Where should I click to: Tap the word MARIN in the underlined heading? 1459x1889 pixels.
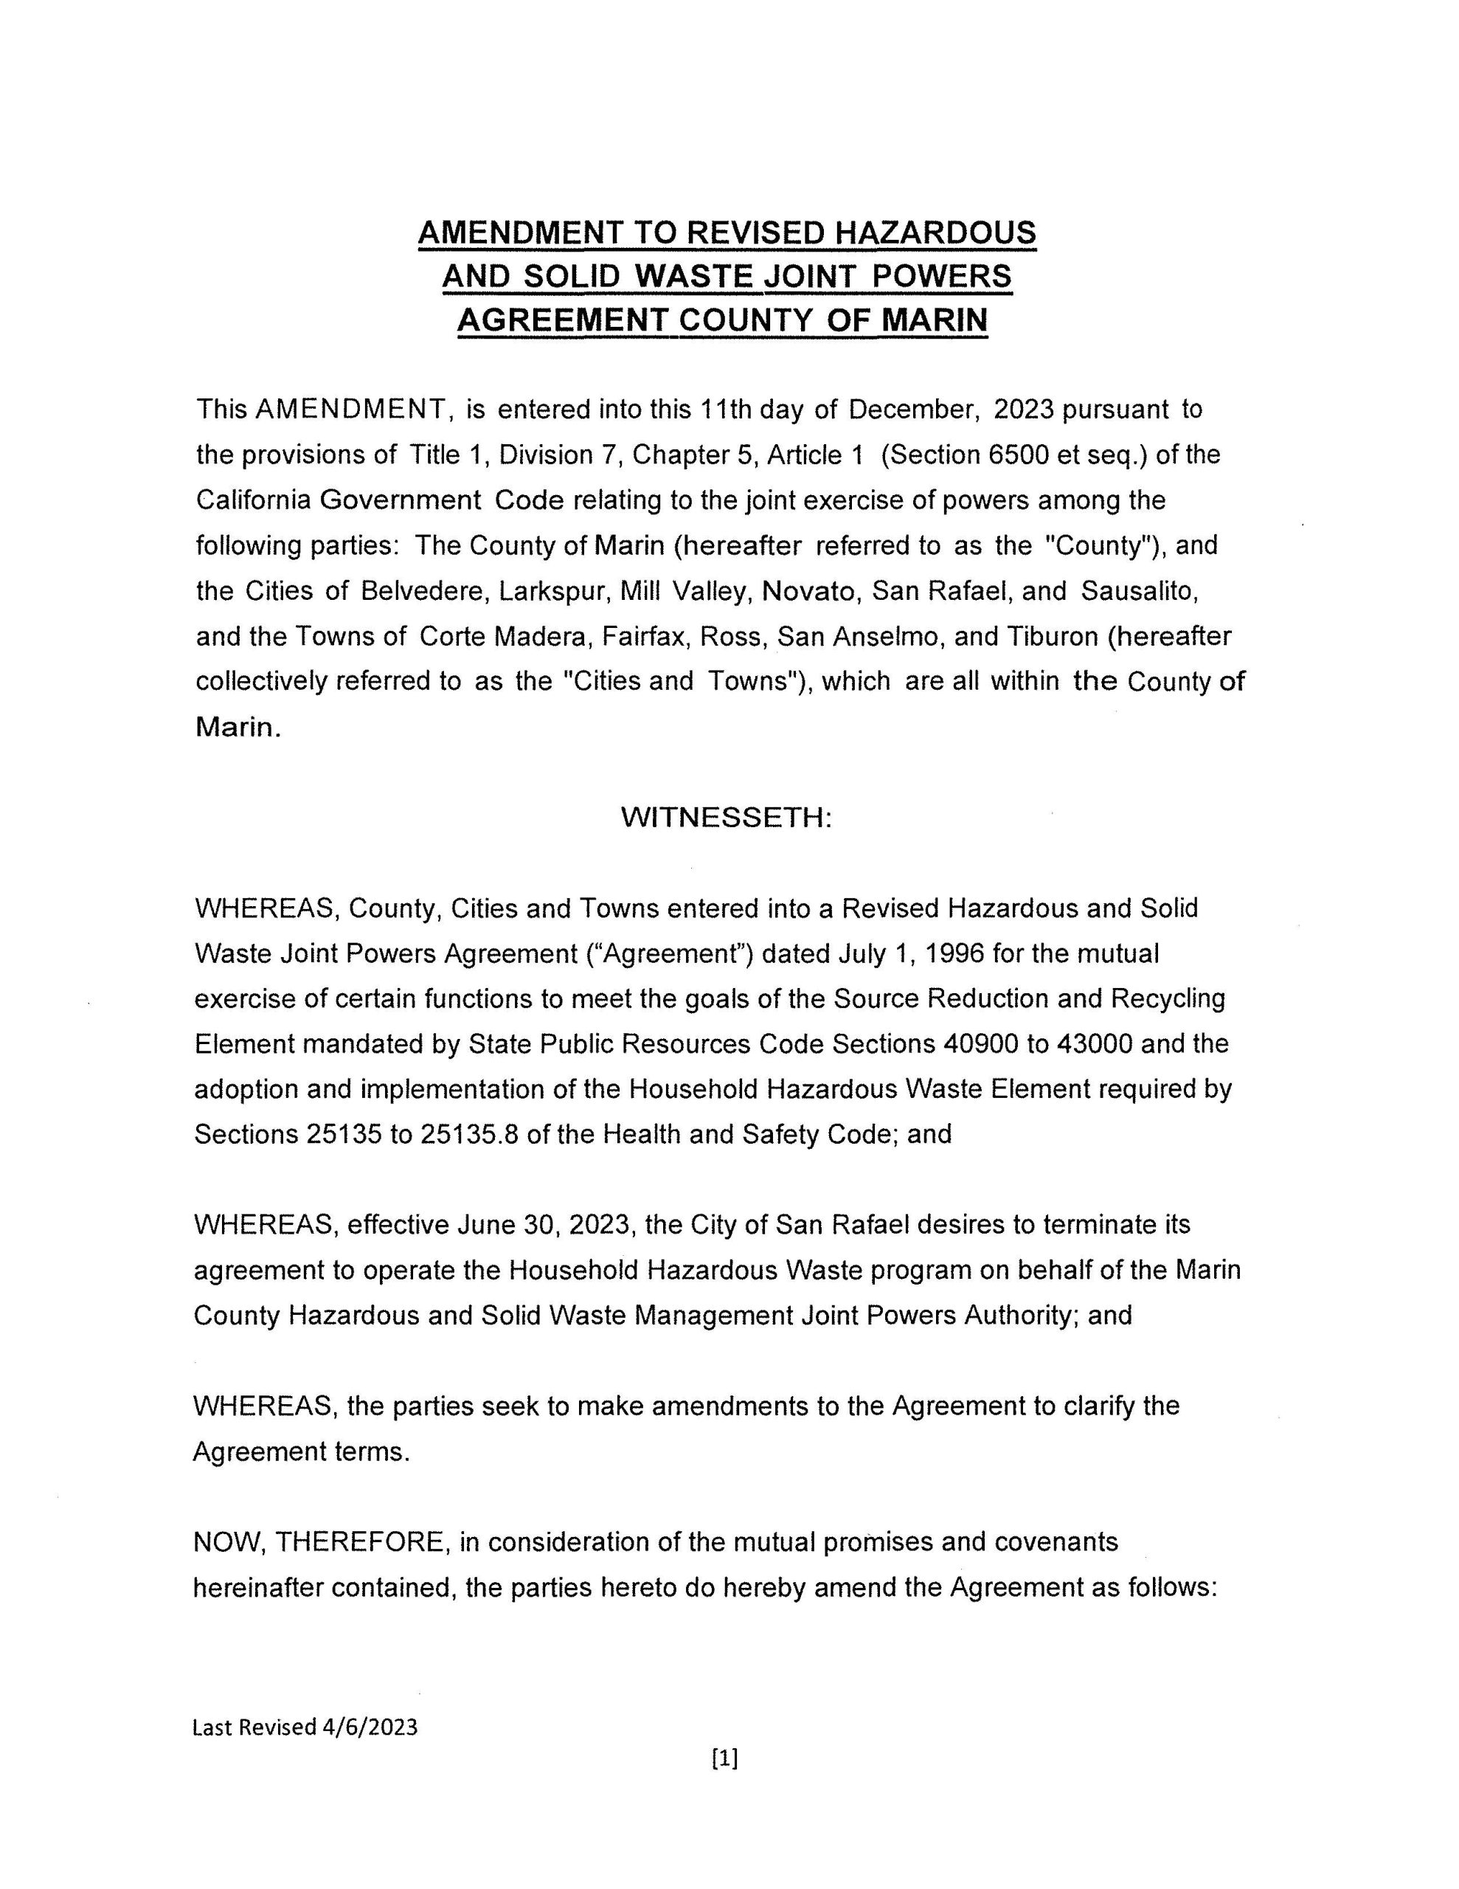coord(933,321)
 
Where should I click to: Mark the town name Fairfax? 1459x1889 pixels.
coord(645,637)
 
